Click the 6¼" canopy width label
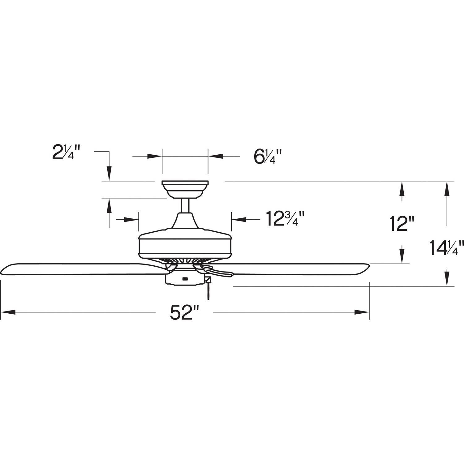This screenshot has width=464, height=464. pos(268,157)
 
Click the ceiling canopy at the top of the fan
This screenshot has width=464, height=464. pos(185,189)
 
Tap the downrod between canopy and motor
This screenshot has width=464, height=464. pos(185,205)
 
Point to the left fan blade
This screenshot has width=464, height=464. pos(84,269)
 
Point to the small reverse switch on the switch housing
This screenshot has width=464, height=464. pos(185,278)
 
